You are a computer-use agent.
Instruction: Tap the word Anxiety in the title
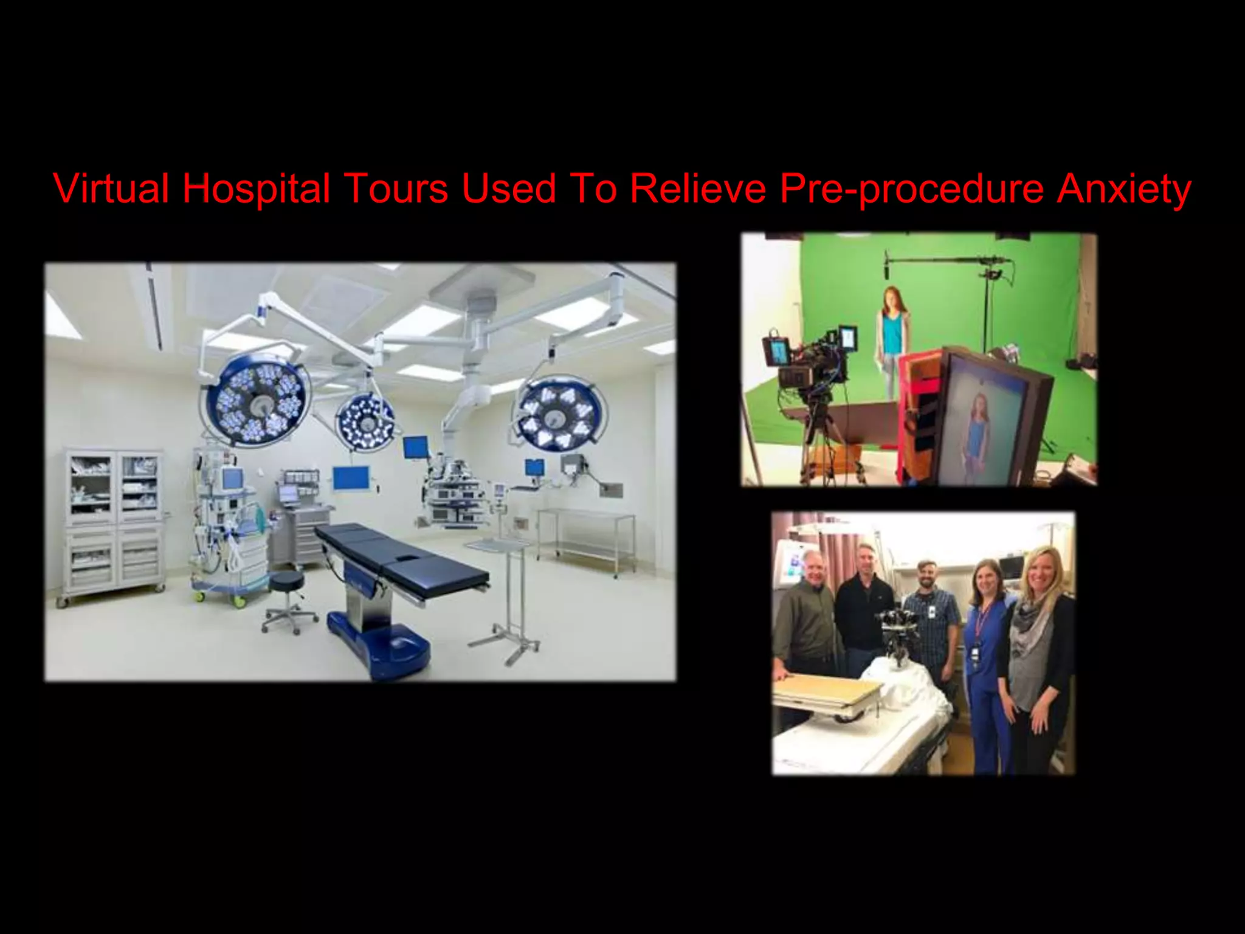[1123, 189]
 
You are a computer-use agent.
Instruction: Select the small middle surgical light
[365, 420]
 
